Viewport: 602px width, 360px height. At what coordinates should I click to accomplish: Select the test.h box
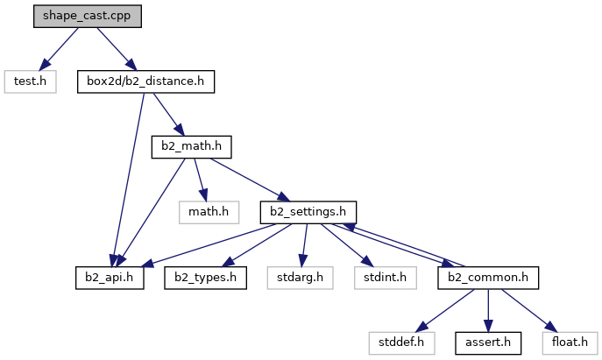pos(30,81)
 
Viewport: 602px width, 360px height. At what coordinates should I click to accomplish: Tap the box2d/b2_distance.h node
pos(145,81)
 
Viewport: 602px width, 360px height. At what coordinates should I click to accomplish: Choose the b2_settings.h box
pos(308,211)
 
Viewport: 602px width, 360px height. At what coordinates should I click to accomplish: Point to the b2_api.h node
pos(110,278)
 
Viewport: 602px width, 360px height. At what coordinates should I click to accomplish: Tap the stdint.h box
pos(380,278)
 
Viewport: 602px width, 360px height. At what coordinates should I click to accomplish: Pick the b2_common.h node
pos(487,278)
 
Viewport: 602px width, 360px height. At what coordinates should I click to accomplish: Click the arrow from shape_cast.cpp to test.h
pos(56,50)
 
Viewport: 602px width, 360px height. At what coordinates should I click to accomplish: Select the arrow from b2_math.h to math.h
pos(199,179)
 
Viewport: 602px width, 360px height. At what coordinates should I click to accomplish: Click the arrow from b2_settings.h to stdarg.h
pos(303,244)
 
